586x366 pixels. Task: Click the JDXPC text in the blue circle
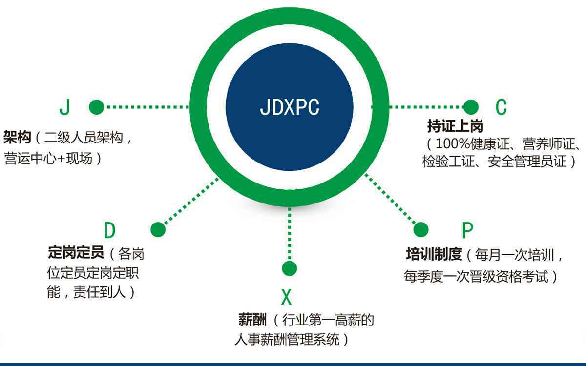(x=290, y=107)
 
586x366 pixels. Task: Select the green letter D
(x=110, y=230)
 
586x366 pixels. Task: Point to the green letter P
(x=467, y=230)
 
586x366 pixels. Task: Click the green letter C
(x=502, y=107)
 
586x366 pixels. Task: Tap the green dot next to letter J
(x=96, y=107)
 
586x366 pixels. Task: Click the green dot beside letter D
(x=158, y=229)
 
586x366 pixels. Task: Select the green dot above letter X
(x=289, y=268)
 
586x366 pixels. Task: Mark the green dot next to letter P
(x=420, y=229)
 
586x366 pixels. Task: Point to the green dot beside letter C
(x=471, y=107)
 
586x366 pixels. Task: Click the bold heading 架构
(x=17, y=138)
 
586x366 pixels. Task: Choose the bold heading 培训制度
(x=434, y=254)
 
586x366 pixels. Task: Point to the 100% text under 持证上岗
(x=452, y=144)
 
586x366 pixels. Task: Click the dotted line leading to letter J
(x=146, y=107)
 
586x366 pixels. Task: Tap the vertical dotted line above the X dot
(x=289, y=234)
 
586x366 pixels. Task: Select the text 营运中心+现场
(x=48, y=159)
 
